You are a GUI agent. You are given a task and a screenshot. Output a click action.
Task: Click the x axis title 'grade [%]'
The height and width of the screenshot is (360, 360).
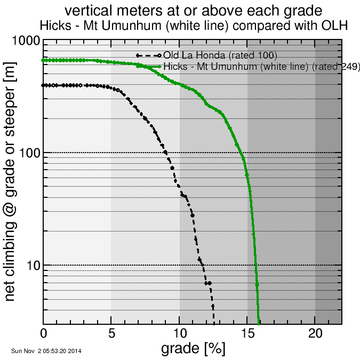click(x=193, y=349)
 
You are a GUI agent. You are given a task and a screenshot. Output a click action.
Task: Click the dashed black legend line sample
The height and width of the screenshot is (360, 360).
click(x=148, y=55)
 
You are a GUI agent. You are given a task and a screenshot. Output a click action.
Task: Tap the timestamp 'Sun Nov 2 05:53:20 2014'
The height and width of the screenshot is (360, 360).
click(x=46, y=351)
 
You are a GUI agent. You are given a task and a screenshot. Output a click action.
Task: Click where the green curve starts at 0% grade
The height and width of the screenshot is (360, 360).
click(x=44, y=60)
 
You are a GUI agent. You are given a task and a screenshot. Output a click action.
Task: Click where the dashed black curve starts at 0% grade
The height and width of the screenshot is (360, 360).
click(x=44, y=85)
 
